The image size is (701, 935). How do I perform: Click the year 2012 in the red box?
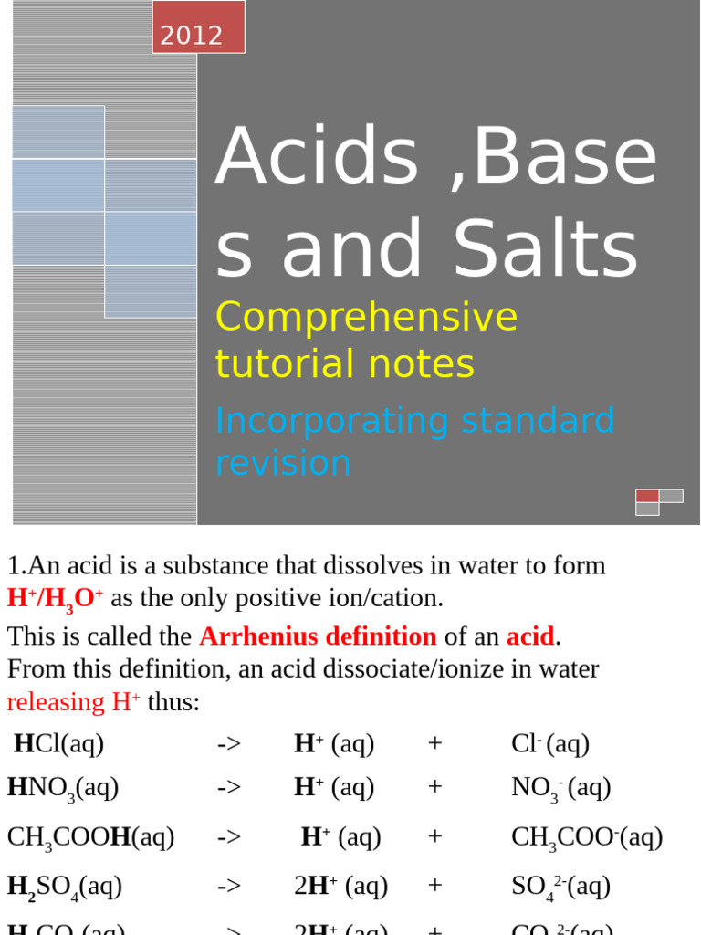point(192,36)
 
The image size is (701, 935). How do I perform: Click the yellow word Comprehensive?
point(366,317)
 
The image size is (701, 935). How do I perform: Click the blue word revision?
point(283,462)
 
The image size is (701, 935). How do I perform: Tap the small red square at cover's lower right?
point(647,496)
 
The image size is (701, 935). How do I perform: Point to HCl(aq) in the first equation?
point(59,744)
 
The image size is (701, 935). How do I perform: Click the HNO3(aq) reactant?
point(63,788)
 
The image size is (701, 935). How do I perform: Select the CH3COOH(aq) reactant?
point(90,837)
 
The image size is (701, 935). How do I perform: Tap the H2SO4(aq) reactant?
point(65,887)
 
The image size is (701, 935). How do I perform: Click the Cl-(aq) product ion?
point(550,744)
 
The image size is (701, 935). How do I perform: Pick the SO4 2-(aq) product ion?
point(560,887)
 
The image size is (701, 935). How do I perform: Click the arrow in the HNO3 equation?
point(229,788)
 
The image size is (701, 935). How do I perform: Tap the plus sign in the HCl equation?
point(434,744)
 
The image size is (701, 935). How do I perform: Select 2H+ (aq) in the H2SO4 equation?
point(340,887)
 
